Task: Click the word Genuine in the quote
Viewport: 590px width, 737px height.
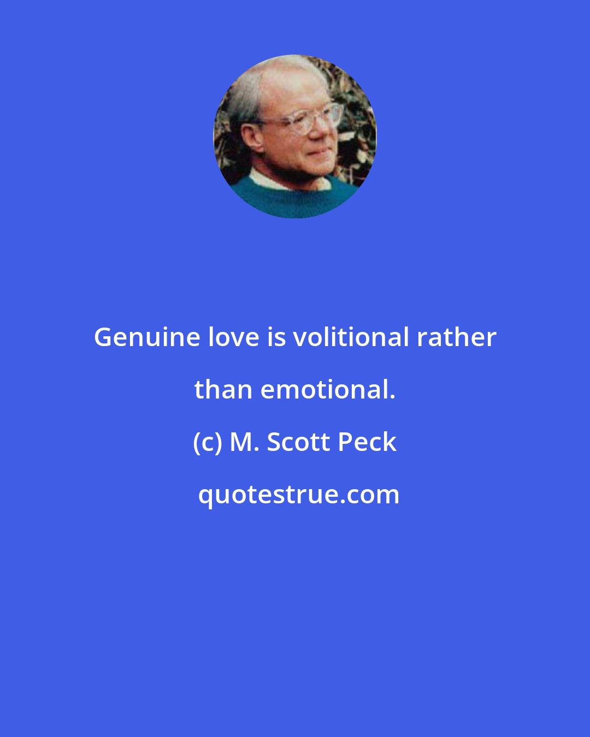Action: tap(147, 338)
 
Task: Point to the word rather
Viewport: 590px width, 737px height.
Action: tap(457, 337)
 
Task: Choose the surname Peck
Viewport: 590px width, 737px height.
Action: tap(367, 442)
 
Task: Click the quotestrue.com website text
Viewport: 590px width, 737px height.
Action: tap(298, 495)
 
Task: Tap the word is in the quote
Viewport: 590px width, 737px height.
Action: tap(276, 337)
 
